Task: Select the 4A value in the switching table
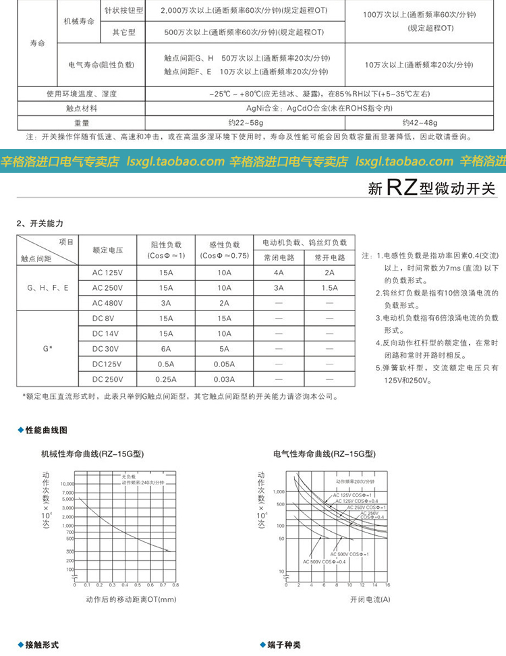[279, 273]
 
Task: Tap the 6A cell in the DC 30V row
[166, 348]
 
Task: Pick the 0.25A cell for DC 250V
[166, 379]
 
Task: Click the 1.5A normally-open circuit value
[329, 288]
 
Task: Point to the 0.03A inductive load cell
[224, 379]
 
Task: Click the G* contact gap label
[47, 348]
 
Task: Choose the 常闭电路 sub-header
[279, 257]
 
